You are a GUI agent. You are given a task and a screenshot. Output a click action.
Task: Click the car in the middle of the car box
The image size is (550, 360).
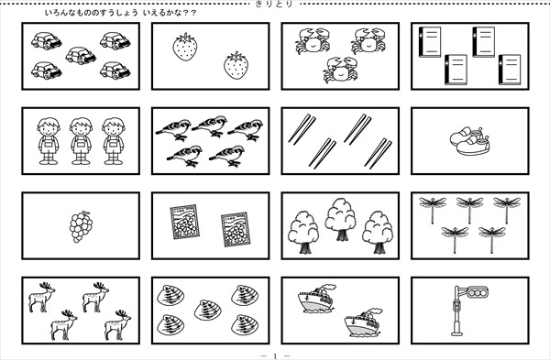point(81,56)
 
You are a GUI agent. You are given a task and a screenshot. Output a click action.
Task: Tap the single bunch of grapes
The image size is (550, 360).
point(81,227)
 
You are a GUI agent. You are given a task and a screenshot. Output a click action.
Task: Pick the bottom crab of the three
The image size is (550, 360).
point(340,70)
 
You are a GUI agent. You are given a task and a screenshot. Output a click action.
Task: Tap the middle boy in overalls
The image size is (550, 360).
point(81,141)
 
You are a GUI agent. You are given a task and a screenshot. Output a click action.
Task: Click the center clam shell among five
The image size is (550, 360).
point(208,310)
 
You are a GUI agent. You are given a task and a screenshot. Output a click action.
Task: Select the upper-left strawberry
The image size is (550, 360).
point(185,47)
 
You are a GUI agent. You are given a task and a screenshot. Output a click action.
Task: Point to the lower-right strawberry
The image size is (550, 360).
point(236,65)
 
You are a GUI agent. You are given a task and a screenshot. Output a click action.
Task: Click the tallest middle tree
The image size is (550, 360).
point(340,220)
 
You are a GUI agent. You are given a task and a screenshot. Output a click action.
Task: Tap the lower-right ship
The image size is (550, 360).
point(363,322)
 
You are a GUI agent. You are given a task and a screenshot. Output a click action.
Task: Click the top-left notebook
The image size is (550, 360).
point(429,42)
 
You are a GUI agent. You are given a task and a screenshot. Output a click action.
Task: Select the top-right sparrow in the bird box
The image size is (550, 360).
point(246,129)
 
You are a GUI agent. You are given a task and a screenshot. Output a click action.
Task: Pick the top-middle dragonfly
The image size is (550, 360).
point(469,209)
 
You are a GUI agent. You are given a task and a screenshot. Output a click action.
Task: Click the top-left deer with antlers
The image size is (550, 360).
point(42,298)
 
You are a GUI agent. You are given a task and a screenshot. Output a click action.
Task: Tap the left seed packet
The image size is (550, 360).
point(184,223)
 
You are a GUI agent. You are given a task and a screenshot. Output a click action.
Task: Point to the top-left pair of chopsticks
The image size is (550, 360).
point(302,129)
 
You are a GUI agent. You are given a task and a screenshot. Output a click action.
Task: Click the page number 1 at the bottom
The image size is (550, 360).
point(275,356)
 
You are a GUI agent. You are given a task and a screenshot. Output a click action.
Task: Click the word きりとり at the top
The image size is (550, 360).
point(275,4)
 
